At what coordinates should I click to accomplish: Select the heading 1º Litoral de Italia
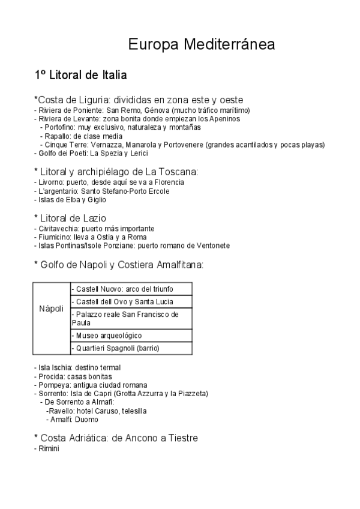click(80, 76)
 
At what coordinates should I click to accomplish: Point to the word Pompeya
click(52, 385)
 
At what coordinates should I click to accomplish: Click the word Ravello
click(61, 411)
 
